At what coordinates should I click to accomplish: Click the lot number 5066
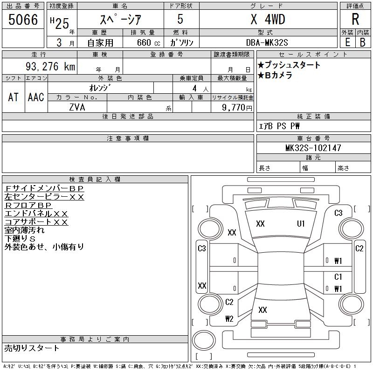(23, 20)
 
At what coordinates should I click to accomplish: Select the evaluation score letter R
(355, 19)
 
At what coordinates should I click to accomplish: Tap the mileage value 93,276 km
(50, 66)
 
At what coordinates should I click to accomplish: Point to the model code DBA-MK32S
(267, 42)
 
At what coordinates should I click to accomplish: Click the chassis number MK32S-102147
(313, 148)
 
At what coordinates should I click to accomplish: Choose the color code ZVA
(77, 107)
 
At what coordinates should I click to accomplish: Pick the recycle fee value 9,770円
(237, 108)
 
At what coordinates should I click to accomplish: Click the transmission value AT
(13, 97)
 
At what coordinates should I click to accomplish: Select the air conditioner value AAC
(36, 97)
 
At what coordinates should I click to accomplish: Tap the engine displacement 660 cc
(148, 42)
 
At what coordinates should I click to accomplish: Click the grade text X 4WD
(268, 19)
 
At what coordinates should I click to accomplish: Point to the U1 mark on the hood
(301, 224)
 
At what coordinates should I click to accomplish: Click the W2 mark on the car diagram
(229, 319)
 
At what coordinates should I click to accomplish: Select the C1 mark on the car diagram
(338, 276)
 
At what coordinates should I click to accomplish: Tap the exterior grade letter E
(347, 42)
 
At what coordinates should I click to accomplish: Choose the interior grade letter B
(363, 42)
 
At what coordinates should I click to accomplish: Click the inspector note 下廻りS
(20, 239)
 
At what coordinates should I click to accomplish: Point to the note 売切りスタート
(32, 348)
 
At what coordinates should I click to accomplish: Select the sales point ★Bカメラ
(275, 75)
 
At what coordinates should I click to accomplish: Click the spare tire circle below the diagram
(204, 340)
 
